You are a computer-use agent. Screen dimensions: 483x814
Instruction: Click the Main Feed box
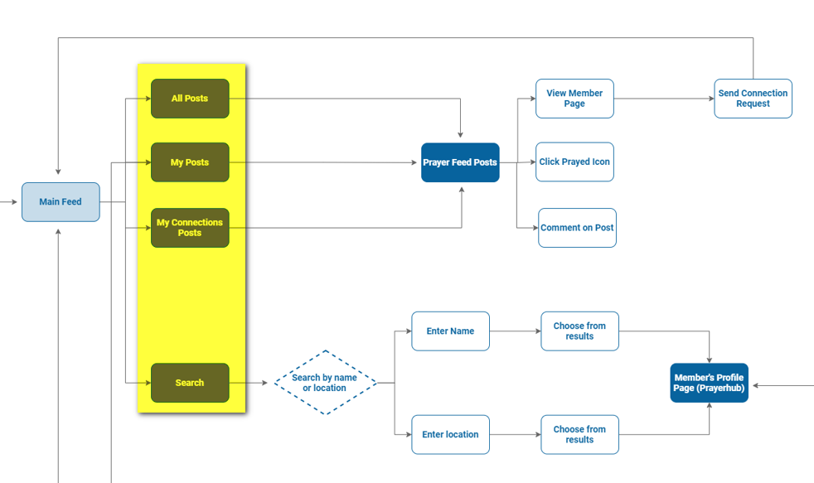(61, 202)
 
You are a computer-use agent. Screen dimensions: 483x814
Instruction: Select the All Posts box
(190, 99)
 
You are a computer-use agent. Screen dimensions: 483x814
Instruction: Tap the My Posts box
(190, 162)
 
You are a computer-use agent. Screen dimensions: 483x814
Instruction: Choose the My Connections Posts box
(190, 228)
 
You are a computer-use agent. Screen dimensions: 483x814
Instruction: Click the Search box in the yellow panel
(190, 383)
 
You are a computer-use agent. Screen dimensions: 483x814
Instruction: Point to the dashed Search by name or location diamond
(325, 383)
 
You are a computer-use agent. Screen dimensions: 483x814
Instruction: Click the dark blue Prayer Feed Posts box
(460, 162)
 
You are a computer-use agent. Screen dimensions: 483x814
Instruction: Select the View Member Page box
(574, 99)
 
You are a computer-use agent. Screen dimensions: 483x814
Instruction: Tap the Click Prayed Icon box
(574, 162)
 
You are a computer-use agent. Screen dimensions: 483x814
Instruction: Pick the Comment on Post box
(577, 228)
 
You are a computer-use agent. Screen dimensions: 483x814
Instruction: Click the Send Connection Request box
(753, 99)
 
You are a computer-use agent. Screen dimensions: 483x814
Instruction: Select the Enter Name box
(450, 331)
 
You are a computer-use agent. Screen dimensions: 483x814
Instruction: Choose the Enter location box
(450, 435)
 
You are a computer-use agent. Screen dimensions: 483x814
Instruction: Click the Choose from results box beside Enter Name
(579, 331)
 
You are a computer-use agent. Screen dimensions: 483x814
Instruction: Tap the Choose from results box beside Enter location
(579, 435)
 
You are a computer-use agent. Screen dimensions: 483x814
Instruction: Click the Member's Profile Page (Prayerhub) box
(709, 383)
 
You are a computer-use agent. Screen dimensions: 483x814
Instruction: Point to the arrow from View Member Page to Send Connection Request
(663, 99)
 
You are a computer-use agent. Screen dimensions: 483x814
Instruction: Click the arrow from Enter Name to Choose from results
(515, 331)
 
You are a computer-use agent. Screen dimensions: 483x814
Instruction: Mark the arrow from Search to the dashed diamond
(251, 383)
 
